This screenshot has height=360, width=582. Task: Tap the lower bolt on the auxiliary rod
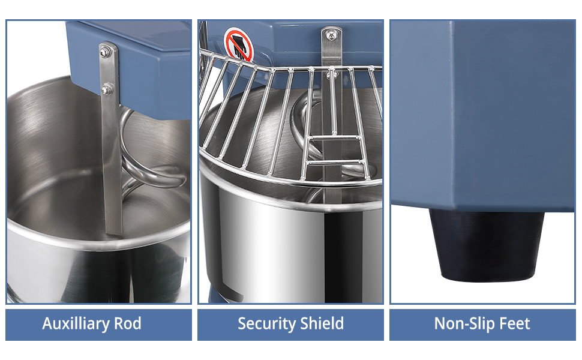point(107,90)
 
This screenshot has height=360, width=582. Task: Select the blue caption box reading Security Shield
point(290,325)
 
